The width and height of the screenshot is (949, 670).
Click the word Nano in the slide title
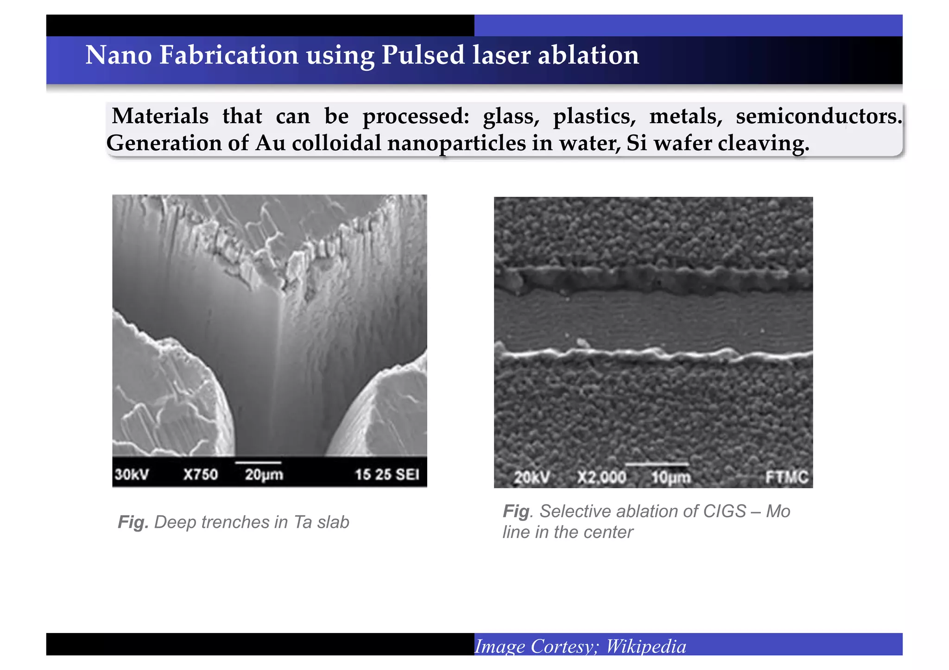[119, 55]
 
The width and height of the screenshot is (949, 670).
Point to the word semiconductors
[819, 116]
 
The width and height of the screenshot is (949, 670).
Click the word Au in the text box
[270, 143]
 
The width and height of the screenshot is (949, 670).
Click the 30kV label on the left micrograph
[132, 475]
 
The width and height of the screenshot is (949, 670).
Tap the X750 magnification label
[200, 475]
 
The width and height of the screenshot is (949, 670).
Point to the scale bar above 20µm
[258, 463]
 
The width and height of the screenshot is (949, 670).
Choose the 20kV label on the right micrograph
[531, 477]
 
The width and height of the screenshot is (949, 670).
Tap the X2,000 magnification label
[601, 477]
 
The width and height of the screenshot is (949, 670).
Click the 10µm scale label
[671, 477]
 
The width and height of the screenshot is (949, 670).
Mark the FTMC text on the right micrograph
[786, 477]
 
